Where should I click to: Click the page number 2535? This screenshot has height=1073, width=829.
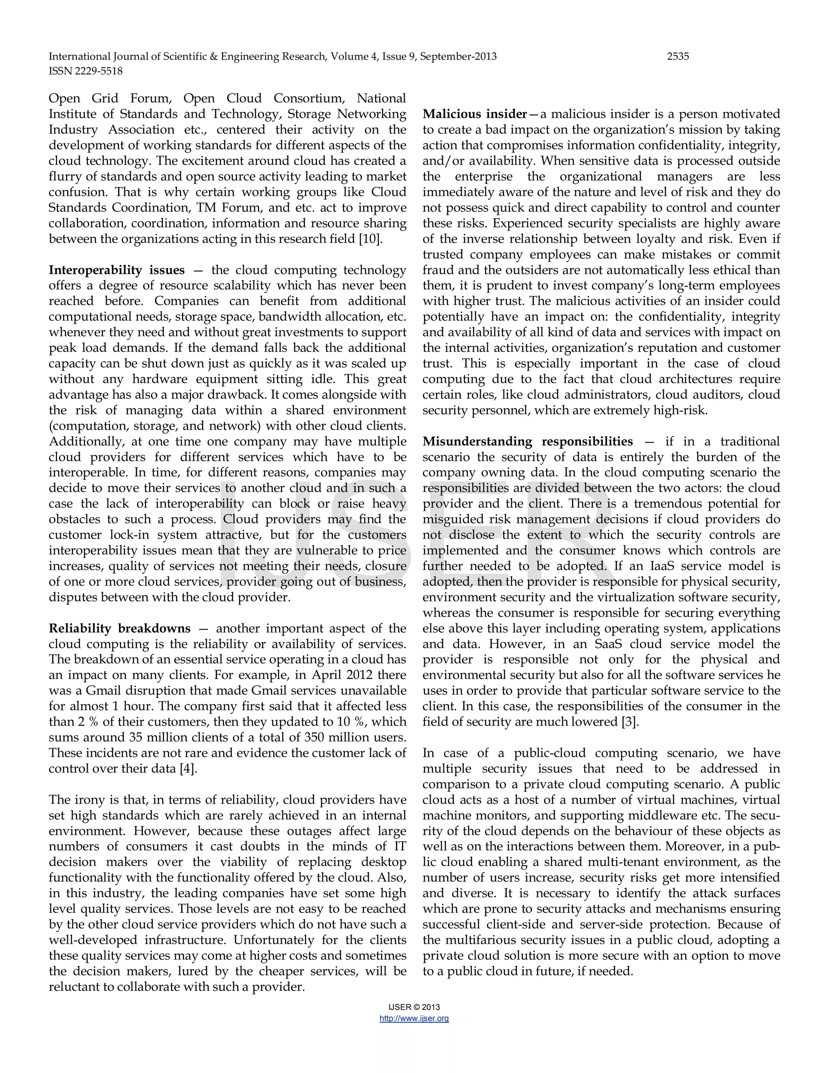pos(678,57)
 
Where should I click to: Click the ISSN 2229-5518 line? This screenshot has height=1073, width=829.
pos(85,71)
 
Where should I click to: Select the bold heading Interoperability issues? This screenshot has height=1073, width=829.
pos(117,270)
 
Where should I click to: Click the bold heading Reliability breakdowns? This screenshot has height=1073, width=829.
pos(119,628)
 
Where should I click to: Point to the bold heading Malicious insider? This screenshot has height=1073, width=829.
pos(474,114)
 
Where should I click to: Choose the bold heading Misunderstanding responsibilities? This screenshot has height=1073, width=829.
pos(527,441)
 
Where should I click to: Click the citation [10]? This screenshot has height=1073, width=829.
pos(370,239)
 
